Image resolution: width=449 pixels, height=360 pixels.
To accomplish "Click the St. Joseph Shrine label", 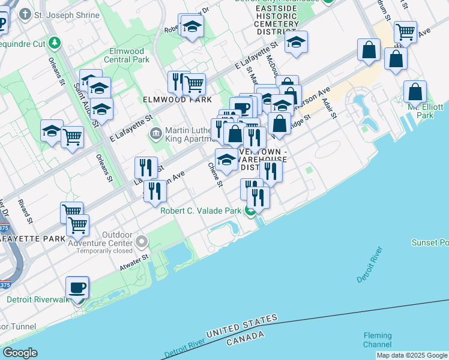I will (67, 15).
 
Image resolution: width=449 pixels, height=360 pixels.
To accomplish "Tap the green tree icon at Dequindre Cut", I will (55, 43).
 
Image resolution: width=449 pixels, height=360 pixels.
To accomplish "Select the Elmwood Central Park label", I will (126, 56).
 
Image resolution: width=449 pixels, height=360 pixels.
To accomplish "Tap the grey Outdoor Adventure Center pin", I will (142, 241).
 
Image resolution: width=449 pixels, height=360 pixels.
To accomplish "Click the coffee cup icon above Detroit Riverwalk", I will (77, 288).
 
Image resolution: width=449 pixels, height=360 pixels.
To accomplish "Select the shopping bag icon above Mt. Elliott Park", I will (415, 92).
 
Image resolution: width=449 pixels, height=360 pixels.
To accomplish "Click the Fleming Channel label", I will (377, 340).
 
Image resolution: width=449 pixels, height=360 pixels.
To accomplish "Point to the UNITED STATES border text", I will (242, 326).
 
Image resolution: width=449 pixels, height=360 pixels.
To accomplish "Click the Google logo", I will (20, 353).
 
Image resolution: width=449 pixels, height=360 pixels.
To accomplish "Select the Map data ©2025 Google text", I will (411, 355).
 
